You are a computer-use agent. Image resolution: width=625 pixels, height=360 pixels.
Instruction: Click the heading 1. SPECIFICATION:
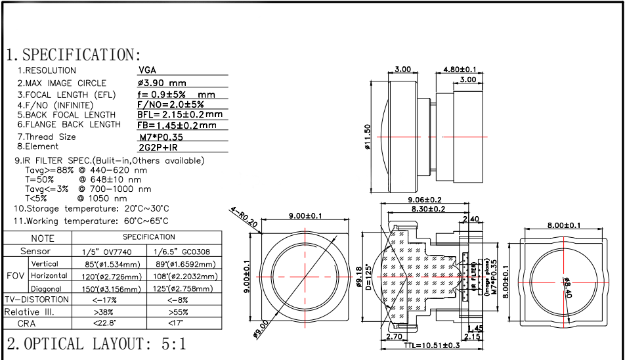coord(74,55)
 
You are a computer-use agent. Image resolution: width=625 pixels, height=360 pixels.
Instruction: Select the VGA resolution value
coord(147,70)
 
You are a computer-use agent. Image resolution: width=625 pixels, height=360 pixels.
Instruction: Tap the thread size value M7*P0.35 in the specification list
coord(161,137)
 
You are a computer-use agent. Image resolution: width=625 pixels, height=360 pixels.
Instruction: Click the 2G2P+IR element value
coord(158,147)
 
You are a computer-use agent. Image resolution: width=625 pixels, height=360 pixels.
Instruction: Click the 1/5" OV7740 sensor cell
coord(105,251)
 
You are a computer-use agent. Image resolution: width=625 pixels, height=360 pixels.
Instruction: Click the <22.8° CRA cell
coord(104,323)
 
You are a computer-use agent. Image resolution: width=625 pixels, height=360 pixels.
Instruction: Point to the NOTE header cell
coord(43,238)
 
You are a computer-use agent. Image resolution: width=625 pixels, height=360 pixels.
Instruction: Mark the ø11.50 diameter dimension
coord(368,136)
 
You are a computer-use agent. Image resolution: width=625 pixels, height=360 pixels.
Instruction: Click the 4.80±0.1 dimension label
coord(460,68)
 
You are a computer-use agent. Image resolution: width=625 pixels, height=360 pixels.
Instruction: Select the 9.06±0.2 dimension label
coord(424,200)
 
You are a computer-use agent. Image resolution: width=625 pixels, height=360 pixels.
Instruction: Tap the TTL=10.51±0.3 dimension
coord(431,346)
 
